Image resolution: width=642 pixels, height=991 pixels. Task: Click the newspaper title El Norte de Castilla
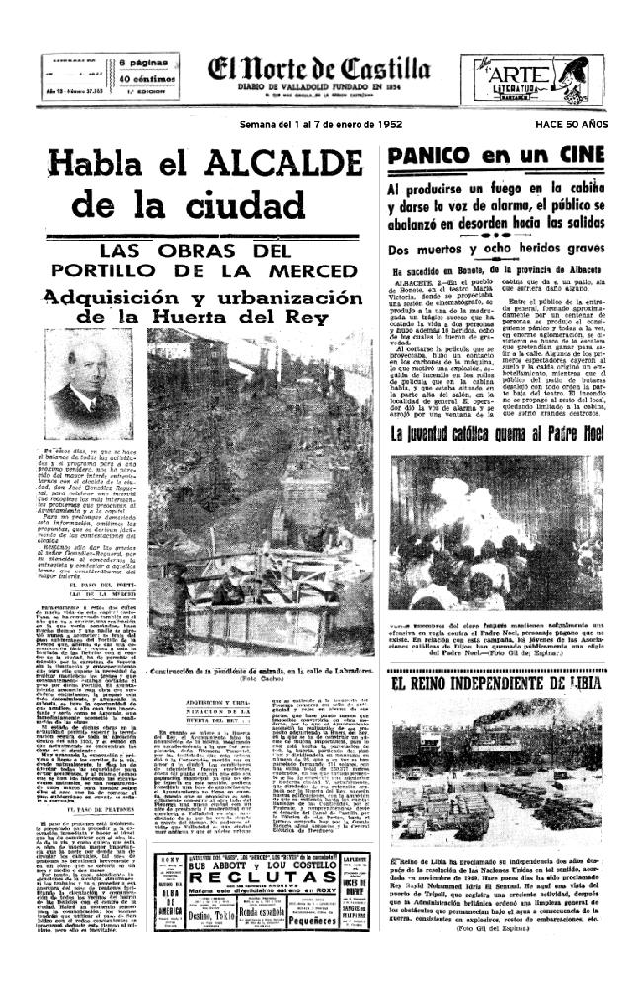(x=318, y=70)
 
